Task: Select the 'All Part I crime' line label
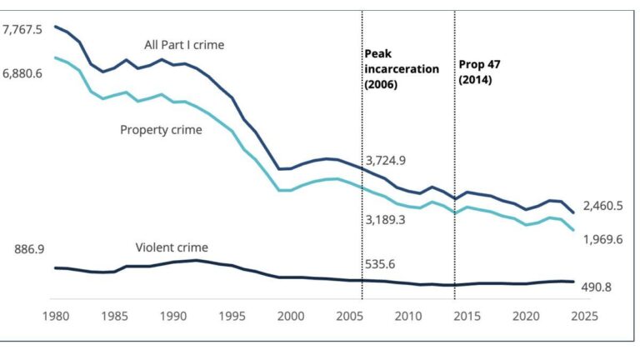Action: click(183, 45)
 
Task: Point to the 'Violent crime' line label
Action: click(172, 247)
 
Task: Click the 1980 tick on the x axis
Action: click(56, 317)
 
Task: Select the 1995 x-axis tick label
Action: click(232, 317)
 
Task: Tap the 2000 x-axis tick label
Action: click(290, 317)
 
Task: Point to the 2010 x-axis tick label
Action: click(407, 317)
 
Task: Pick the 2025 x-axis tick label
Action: click(583, 317)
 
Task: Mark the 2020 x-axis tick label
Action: click(525, 317)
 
